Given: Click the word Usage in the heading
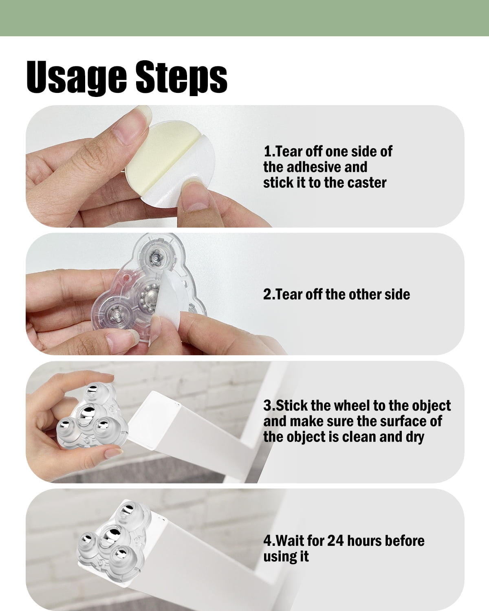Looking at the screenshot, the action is point(76,77).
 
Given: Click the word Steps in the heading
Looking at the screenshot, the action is point(181,77).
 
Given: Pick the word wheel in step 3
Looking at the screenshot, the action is point(355,405).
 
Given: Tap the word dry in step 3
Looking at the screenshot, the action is point(415,437).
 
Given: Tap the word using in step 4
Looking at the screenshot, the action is point(278,557).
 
